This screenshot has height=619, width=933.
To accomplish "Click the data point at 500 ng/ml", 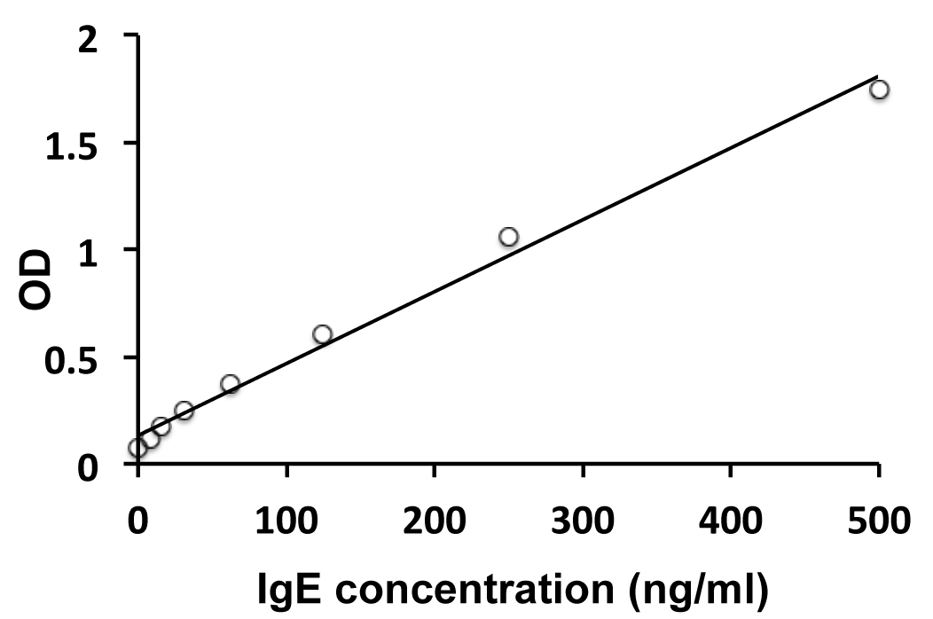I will (879, 90).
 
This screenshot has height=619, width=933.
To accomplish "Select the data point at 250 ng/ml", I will (508, 237).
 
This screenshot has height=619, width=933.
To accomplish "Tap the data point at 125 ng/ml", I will (322, 334).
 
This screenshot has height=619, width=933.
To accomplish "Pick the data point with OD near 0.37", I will (230, 384).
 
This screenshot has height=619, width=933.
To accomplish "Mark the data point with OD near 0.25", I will (184, 411).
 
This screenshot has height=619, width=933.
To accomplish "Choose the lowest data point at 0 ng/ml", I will (137, 448).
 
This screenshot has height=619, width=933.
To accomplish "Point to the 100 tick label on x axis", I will (286, 518).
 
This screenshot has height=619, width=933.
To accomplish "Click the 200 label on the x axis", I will (434, 518).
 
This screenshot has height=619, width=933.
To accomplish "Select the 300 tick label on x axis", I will (582, 518).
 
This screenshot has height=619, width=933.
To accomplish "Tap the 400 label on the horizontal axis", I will (730, 518).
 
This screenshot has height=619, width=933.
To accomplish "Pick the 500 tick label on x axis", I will (878, 518).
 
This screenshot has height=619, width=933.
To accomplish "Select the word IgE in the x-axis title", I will (283, 586).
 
